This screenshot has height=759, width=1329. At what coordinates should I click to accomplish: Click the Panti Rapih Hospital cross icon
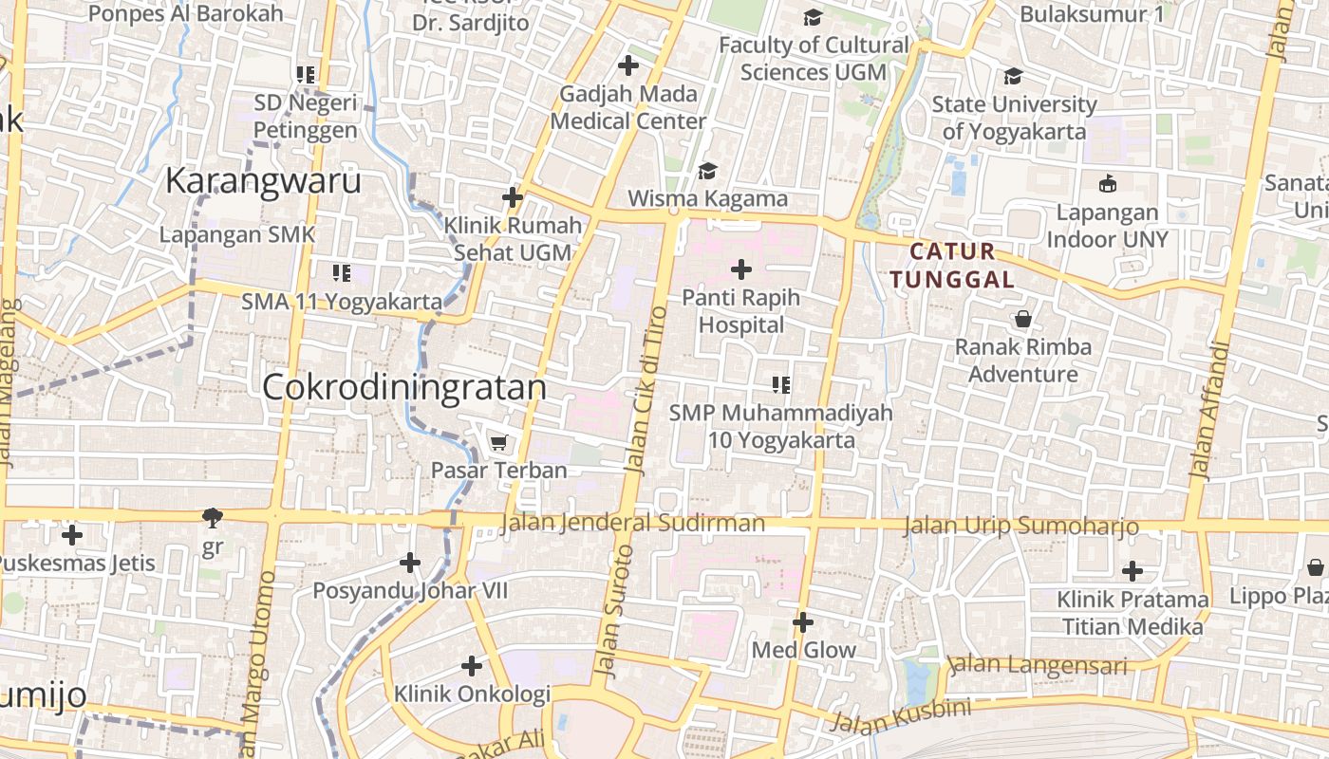coord(740,270)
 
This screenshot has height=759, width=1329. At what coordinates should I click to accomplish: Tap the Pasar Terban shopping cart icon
coord(498,443)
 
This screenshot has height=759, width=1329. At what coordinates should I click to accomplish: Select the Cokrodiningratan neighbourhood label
coord(404,387)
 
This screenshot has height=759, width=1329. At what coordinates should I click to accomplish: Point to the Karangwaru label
coord(264,180)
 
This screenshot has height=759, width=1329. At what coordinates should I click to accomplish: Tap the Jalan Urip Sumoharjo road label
coord(1020,526)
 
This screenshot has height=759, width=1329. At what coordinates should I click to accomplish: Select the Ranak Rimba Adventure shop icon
coord(1023,319)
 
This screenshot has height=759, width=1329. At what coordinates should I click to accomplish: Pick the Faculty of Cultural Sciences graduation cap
coord(813,18)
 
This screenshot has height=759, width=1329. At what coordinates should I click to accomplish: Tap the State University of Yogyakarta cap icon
coord(1013,76)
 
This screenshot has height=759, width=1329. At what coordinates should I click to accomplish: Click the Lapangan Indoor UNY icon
coord(1107,184)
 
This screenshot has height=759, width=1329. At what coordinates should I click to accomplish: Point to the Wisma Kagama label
coord(708,198)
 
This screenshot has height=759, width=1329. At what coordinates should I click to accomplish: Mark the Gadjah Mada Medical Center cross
coord(627,65)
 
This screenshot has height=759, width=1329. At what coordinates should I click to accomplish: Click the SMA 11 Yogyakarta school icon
coord(342,274)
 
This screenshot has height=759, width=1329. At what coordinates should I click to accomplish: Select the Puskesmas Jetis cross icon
coord(71,535)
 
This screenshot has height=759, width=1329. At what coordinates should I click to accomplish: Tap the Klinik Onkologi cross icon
coord(472,666)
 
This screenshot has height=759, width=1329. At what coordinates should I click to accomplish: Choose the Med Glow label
coord(803,651)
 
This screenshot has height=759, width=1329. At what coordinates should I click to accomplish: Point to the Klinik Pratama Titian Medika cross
coord(1132,571)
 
